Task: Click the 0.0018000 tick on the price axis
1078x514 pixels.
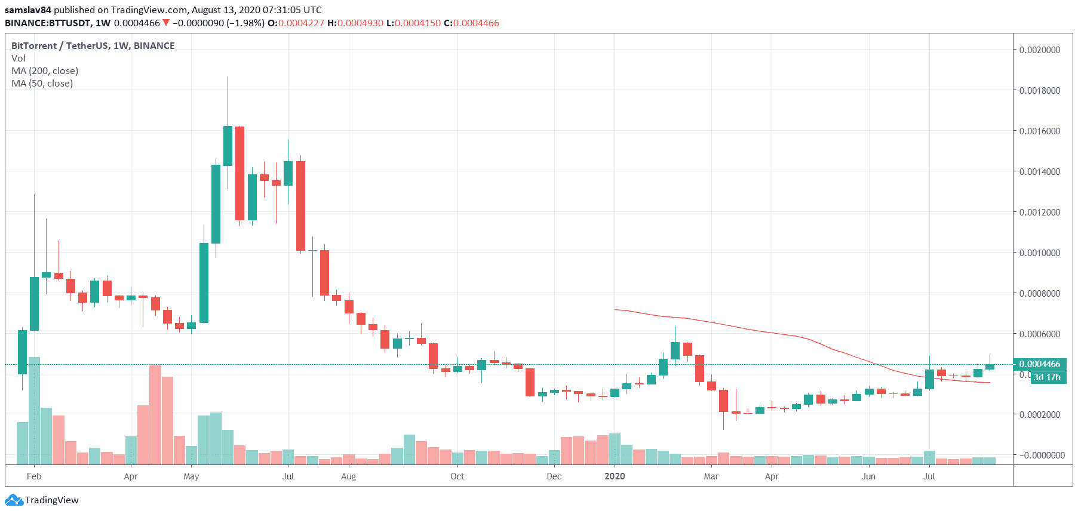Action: (x=1039, y=91)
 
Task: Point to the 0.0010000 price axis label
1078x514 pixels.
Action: (x=1039, y=253)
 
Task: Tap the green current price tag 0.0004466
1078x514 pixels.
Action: (x=1039, y=364)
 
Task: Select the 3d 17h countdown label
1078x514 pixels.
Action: (x=1047, y=377)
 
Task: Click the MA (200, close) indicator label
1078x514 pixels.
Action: (x=45, y=71)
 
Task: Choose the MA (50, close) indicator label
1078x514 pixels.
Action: (x=42, y=84)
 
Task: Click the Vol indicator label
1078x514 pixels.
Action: (x=19, y=59)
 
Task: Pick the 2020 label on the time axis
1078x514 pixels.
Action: (x=615, y=476)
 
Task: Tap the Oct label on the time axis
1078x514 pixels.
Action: (x=457, y=476)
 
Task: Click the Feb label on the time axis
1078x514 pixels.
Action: (x=34, y=476)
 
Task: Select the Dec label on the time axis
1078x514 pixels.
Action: (x=554, y=476)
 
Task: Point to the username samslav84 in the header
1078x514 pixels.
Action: (x=28, y=10)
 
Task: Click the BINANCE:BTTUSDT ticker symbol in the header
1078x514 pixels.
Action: (x=48, y=23)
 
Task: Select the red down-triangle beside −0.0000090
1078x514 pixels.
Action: (x=166, y=23)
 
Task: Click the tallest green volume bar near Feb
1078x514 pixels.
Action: (x=34, y=411)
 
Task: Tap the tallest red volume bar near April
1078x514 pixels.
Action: (x=155, y=415)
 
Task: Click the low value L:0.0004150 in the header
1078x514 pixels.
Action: (x=413, y=23)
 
